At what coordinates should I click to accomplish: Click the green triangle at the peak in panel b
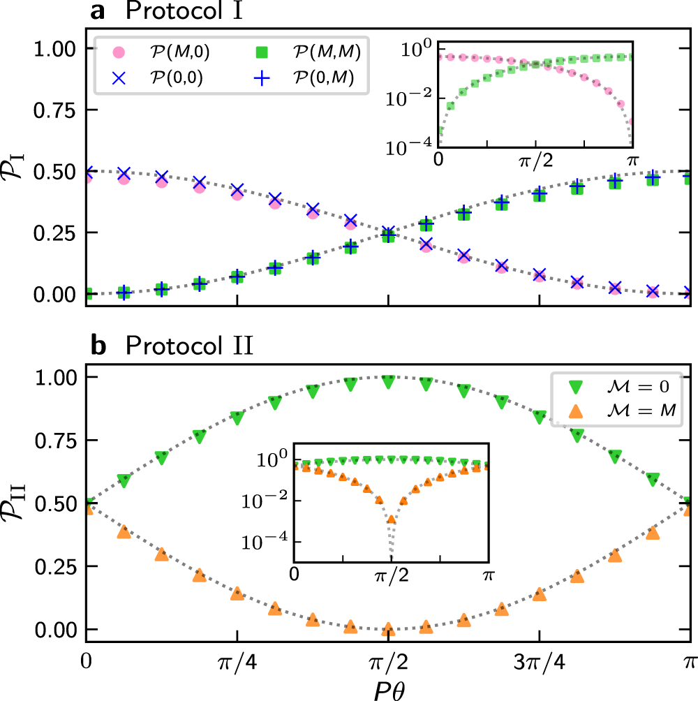[388, 381]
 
